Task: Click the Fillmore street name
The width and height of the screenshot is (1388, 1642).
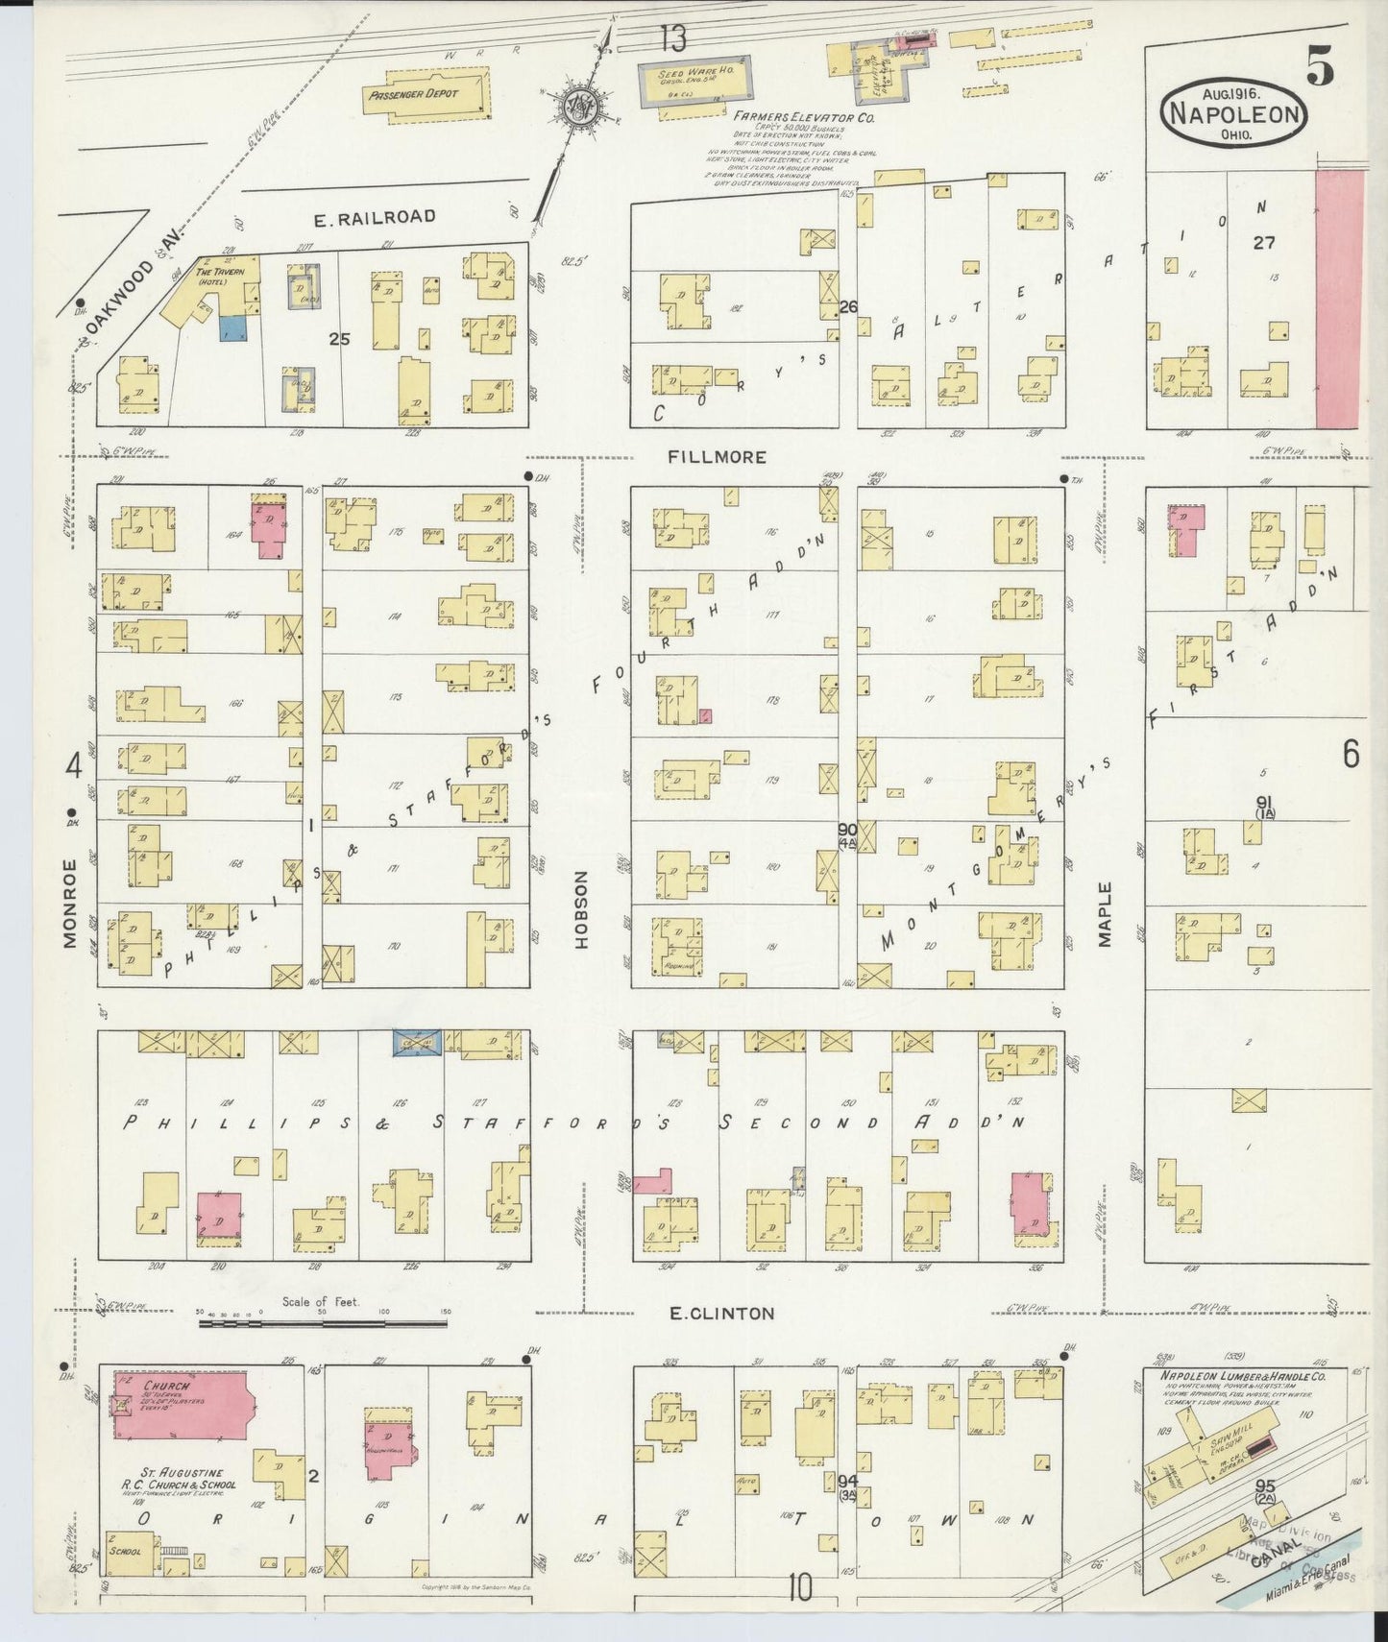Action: click(x=717, y=457)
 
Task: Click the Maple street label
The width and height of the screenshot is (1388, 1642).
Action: click(x=1105, y=914)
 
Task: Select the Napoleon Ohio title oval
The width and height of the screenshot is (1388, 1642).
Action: click(x=1235, y=114)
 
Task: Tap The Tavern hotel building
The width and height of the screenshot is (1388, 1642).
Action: click(x=217, y=285)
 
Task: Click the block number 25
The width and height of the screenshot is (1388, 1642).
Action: click(x=338, y=339)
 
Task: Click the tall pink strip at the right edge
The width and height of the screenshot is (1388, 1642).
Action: click(x=1338, y=298)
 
